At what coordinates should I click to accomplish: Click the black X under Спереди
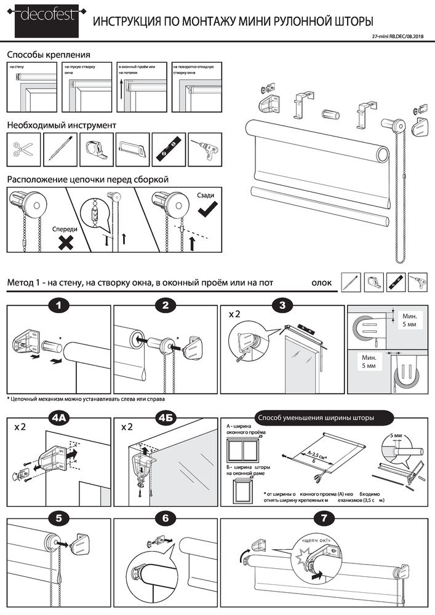click(x=66, y=243)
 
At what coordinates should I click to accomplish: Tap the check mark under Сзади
click(x=207, y=212)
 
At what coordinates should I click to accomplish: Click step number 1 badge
click(x=58, y=304)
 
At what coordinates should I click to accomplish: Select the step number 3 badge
click(x=282, y=304)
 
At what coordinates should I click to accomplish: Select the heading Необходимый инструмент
click(x=61, y=125)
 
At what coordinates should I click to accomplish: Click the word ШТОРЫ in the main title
click(x=350, y=22)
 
